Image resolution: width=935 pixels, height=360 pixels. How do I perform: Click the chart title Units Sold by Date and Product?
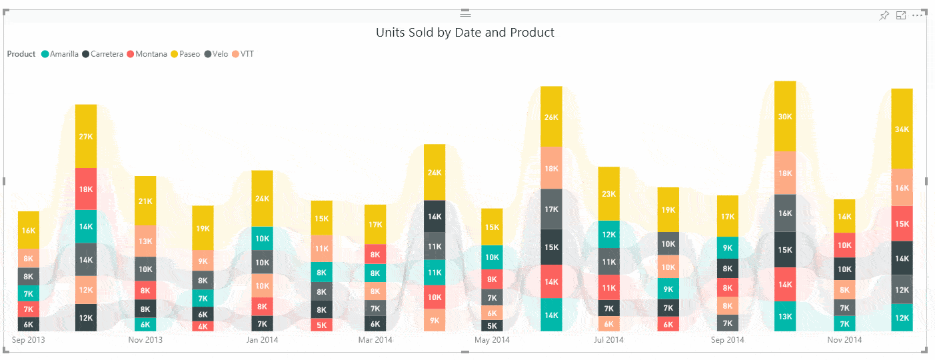click(465, 32)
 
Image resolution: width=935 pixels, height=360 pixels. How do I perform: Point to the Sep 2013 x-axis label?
click(29, 340)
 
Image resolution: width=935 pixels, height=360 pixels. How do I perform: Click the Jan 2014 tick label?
click(262, 340)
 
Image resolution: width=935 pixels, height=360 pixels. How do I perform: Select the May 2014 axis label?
click(492, 340)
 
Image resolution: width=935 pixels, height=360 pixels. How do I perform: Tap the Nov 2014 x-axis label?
click(844, 340)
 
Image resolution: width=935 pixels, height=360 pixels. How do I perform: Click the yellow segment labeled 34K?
click(902, 129)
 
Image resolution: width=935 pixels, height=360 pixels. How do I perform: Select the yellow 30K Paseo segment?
click(785, 117)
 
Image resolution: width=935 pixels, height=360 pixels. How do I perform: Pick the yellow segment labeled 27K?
click(86, 136)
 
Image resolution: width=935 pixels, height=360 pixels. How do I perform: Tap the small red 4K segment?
click(203, 327)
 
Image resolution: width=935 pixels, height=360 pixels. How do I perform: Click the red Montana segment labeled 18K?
click(86, 189)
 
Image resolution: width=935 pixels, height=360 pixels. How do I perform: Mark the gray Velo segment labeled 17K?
click(551, 209)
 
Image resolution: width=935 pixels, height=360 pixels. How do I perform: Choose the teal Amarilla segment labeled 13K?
click(785, 317)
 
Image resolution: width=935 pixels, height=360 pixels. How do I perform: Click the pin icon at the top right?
click(884, 15)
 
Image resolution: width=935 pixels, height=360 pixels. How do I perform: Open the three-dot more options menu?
click(918, 15)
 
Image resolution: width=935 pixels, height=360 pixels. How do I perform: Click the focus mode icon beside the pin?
click(901, 15)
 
